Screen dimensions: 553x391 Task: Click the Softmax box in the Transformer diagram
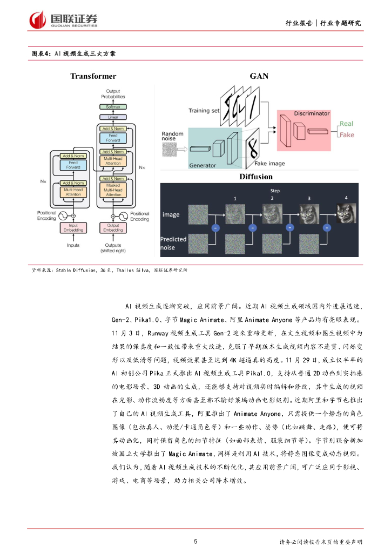(x=113, y=107)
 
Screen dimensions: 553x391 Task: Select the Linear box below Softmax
(x=113, y=117)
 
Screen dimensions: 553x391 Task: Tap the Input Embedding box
(x=73, y=227)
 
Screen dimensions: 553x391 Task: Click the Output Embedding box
(x=113, y=227)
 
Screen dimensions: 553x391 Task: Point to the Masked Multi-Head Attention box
(x=113, y=191)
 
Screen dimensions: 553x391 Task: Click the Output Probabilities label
(x=113, y=94)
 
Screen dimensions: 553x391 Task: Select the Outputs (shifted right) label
(x=113, y=248)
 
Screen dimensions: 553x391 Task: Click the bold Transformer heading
(x=93, y=76)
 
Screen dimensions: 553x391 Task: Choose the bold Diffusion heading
(x=255, y=177)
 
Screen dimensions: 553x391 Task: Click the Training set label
(x=204, y=111)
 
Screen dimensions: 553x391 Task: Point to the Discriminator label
(x=312, y=113)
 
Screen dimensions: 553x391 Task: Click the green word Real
(x=346, y=124)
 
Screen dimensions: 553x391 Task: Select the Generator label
(x=202, y=166)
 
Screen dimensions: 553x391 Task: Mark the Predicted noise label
(x=173, y=242)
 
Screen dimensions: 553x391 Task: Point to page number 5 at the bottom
(x=195, y=541)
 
